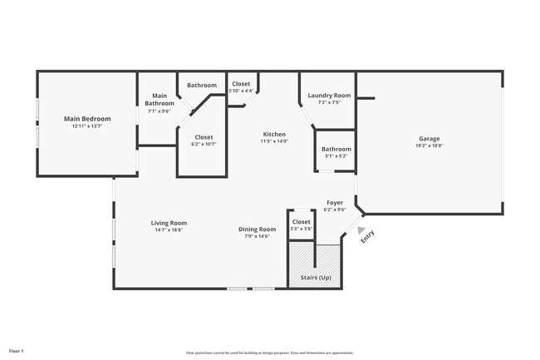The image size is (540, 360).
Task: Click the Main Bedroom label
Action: tap(87, 119)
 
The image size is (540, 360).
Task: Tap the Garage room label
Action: tap(429, 138)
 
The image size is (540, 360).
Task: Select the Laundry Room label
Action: tap(329, 96)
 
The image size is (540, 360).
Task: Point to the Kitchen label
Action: tap(274, 134)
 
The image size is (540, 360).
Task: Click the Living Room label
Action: tap(169, 222)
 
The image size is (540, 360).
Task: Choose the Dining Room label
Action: tap(257, 229)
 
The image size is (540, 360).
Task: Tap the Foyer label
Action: tap(335, 202)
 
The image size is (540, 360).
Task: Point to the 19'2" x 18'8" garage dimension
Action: tap(429, 145)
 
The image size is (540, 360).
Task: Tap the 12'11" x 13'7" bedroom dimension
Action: tap(87, 127)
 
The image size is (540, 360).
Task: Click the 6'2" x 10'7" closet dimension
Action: tap(204, 145)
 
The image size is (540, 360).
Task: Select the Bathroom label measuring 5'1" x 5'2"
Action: tap(336, 149)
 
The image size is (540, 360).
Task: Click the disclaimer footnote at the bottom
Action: tap(270, 353)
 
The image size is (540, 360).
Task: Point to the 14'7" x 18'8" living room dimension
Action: tap(169, 230)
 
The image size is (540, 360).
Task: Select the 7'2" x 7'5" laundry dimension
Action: tap(329, 103)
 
